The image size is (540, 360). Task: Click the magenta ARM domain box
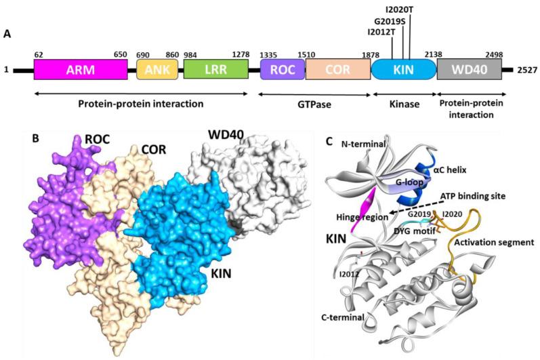tap(81, 68)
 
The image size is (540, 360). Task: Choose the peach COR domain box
tap(337, 68)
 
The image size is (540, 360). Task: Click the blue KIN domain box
tap(402, 68)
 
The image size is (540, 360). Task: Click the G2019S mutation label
tap(392, 20)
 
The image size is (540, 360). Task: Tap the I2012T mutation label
tap(383, 31)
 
